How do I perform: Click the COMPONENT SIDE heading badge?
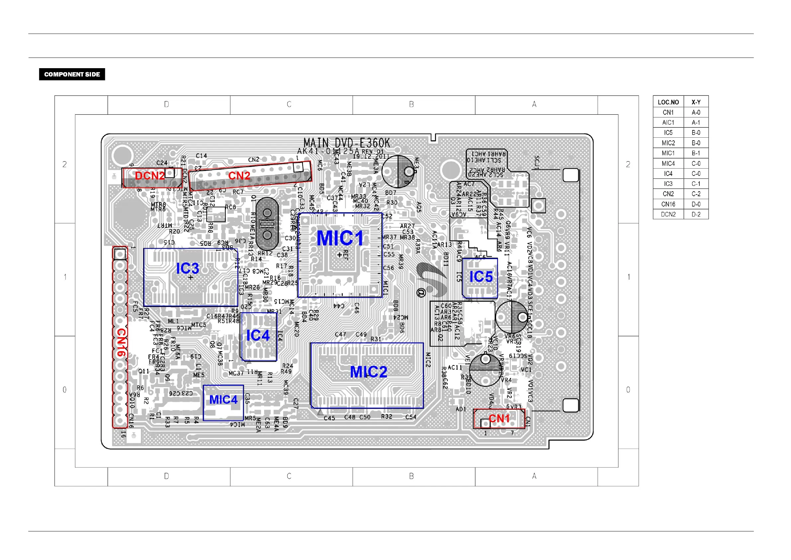(72, 74)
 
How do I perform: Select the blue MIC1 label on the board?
(340, 238)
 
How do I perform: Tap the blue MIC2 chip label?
(369, 372)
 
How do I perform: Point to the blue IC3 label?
(187, 268)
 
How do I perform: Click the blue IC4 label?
(258, 336)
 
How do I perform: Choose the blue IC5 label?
(481, 277)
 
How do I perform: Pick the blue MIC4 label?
(223, 400)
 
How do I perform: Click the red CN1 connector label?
(499, 419)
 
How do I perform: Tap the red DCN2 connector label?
(150, 176)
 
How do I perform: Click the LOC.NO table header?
(668, 102)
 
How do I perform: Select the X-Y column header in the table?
(696, 102)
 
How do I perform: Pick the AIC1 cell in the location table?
(668, 123)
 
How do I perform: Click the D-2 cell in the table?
(696, 214)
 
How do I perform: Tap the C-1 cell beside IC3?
(696, 184)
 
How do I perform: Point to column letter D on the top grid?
(167, 104)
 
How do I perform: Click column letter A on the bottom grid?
(534, 476)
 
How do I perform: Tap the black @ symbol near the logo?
(421, 293)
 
